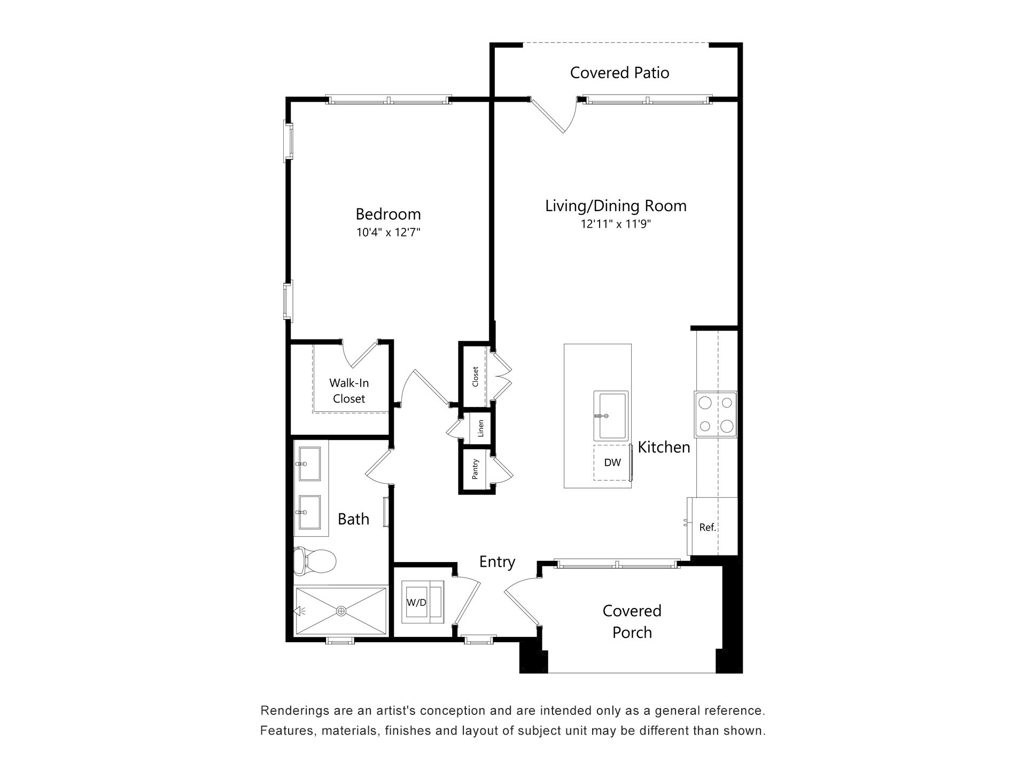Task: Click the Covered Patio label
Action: tap(619, 73)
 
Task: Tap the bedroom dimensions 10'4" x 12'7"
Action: tap(388, 233)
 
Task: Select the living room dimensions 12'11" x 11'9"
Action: tap(616, 224)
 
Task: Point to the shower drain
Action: tap(341, 611)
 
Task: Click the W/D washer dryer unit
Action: tap(422, 602)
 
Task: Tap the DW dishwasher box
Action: tap(612, 463)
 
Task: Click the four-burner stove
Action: tap(716, 414)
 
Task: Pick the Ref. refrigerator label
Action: tap(708, 527)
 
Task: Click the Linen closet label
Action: tap(480, 428)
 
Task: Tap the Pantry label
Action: tap(475, 469)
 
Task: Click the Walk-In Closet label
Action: tap(349, 391)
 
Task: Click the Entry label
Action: tap(497, 561)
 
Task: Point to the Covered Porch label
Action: tap(632, 621)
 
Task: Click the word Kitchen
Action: tap(664, 447)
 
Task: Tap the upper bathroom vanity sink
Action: tap(309, 464)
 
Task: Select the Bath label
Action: tap(353, 519)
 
